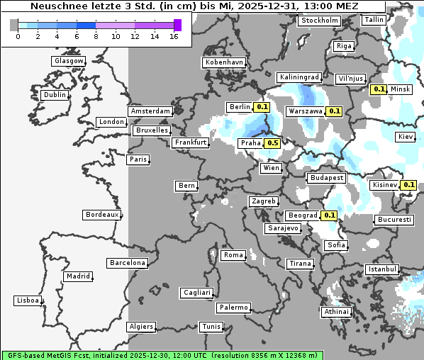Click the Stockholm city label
point(319,21)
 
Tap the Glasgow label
point(69,61)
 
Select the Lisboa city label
point(28,300)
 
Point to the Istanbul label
point(382,269)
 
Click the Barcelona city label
point(128,263)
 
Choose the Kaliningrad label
point(300,77)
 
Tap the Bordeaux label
point(101,214)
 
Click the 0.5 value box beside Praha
point(272,143)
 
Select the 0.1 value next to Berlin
point(262,107)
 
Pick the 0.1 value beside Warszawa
point(334,111)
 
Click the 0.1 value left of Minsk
point(379,89)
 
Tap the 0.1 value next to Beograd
point(329,215)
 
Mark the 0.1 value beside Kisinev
point(408,185)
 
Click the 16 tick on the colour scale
point(174,37)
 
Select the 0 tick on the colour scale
point(17,37)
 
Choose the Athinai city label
point(336,311)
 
